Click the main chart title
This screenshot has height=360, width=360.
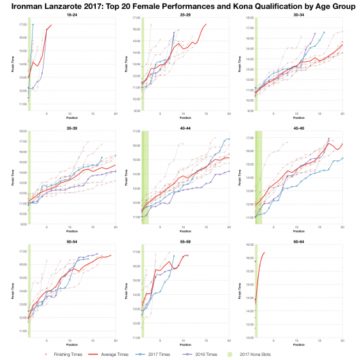pos(180,6)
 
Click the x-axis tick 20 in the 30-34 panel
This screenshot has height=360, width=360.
pos(342,113)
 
